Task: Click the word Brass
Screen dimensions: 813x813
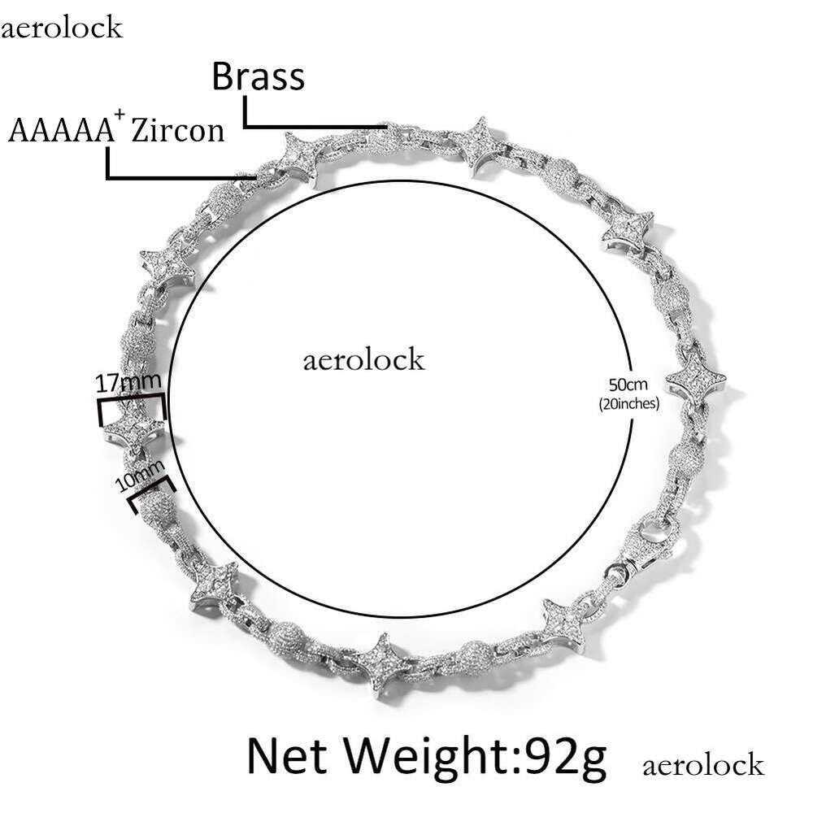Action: pos(259,77)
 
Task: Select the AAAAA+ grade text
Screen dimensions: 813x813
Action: pos(59,130)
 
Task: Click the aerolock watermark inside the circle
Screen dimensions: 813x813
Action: pos(363,359)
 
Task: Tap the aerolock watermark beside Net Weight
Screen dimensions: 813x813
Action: pos(702,765)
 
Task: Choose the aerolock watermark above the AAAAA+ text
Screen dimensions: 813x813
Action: pos(62,28)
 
